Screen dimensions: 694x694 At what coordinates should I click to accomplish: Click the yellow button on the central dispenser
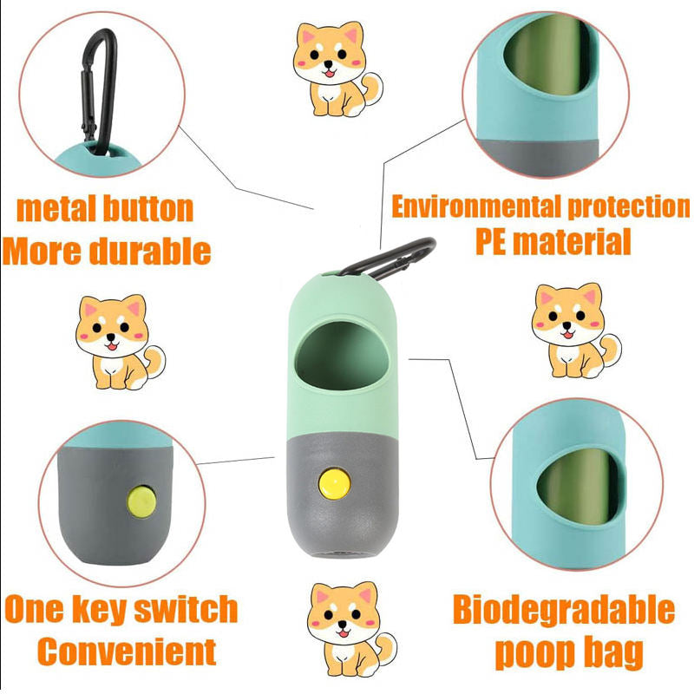point(334,484)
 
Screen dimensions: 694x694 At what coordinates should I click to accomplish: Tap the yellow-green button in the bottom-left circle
point(141,502)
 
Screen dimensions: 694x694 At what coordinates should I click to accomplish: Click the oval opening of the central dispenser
point(342,356)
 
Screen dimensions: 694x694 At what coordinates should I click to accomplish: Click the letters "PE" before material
point(490,242)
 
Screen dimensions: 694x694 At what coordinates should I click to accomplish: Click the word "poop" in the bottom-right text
point(530,653)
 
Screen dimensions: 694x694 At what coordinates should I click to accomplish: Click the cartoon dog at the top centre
point(337,69)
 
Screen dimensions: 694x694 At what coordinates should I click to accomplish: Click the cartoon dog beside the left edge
point(120,342)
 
